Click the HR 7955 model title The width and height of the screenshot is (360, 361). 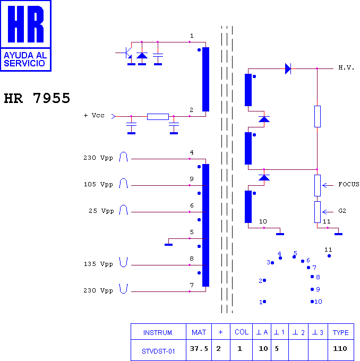(37, 98)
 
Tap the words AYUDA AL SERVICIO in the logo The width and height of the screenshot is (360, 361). (25, 59)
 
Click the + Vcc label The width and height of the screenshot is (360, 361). (94, 115)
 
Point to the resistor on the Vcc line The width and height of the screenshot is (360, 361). (158, 117)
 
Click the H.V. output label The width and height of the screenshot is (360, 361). (346, 68)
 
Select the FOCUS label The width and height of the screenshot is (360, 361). (348, 184)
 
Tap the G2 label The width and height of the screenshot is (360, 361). (342, 211)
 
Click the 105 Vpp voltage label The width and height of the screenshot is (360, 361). (98, 184)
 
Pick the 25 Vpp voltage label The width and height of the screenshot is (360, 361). (101, 211)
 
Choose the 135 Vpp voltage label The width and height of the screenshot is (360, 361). (98, 264)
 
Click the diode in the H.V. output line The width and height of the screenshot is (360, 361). (288, 68)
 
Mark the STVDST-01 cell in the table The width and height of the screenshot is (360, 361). (158, 351)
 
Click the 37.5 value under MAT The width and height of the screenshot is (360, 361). (199, 349)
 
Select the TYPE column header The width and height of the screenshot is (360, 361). (341, 332)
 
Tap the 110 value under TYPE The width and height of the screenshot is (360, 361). (340, 349)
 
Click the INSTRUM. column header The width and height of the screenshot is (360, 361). (158, 333)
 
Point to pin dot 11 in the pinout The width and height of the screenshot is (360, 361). (329, 256)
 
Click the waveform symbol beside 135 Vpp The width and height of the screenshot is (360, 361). (124, 262)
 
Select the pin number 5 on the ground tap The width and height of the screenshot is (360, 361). (192, 232)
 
